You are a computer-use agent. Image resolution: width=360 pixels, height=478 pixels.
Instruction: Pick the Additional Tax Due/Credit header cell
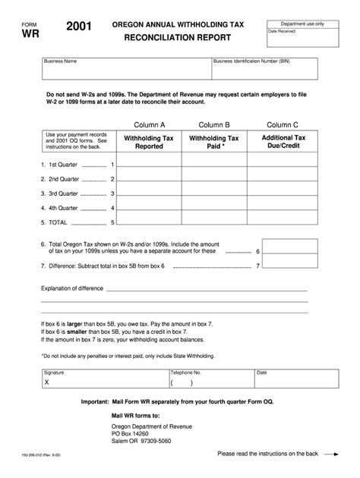tap(283, 143)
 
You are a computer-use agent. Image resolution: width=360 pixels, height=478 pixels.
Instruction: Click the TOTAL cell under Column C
tap(283, 222)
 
